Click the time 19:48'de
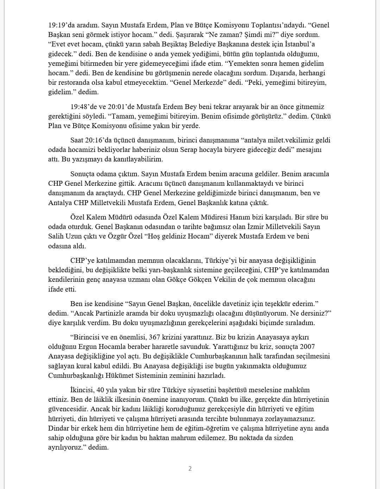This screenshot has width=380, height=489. pyautogui.click(x=84, y=107)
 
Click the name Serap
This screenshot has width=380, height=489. pyautogui.click(x=189, y=150)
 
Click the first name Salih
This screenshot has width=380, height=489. pyautogui.click(x=56, y=236)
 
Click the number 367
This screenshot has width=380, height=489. pyautogui.click(x=155, y=337)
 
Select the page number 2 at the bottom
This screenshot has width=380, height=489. pyautogui.click(x=190, y=469)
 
